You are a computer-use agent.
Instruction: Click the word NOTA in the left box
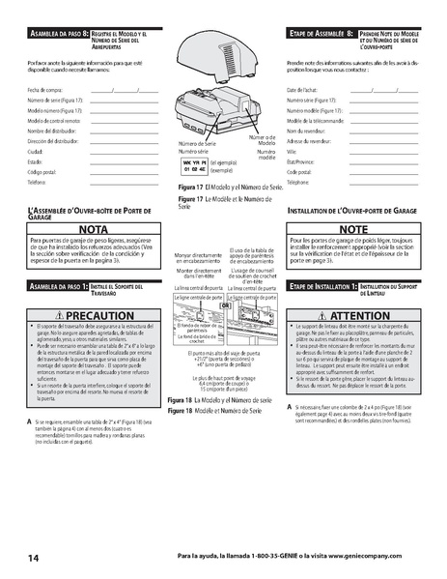click(x=94, y=228)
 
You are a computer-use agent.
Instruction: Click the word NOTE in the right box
click(x=353, y=228)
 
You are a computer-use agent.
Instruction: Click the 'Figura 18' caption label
click(x=181, y=399)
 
